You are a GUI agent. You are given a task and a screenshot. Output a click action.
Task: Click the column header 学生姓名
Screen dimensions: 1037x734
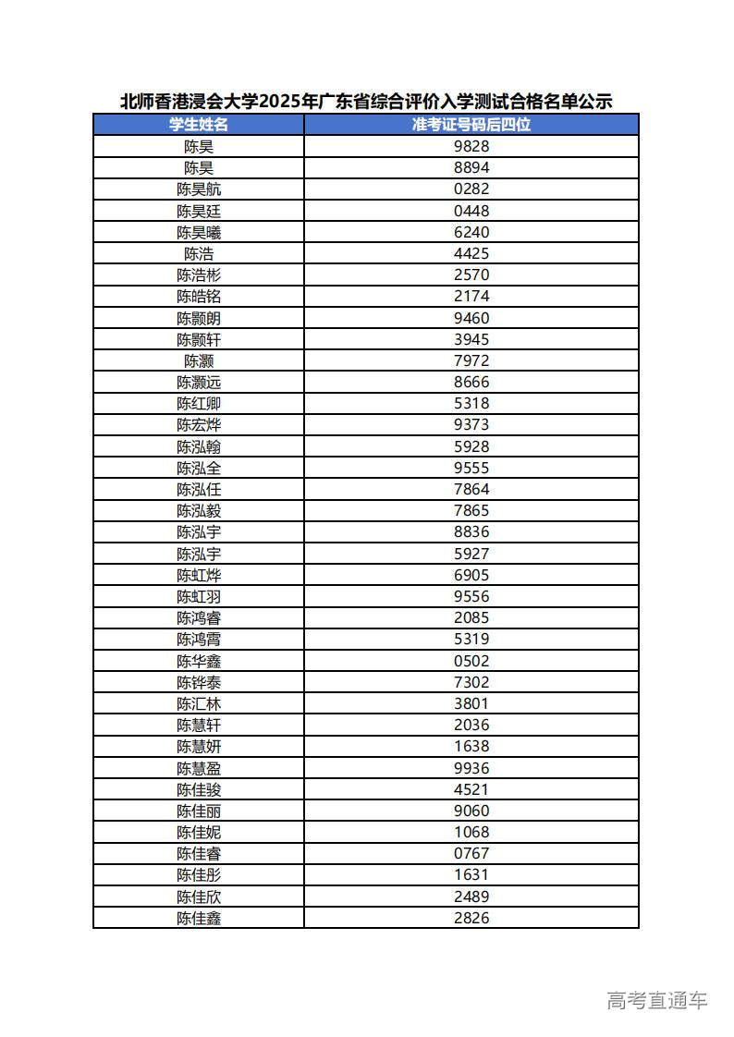(x=199, y=125)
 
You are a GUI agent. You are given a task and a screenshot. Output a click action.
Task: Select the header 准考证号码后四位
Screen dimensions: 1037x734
(x=471, y=125)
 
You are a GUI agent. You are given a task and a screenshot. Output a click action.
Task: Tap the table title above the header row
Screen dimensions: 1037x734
(x=366, y=102)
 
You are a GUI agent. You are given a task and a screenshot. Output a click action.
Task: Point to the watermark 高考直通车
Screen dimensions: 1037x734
(x=657, y=1000)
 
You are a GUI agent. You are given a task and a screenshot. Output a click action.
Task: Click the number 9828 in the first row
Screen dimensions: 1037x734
(x=471, y=146)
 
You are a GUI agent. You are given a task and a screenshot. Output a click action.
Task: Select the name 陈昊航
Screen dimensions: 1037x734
(x=199, y=189)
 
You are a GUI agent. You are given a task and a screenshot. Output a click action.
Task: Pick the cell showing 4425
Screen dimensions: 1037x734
(x=471, y=253)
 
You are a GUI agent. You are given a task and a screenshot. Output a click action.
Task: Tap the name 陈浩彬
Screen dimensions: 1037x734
(x=199, y=275)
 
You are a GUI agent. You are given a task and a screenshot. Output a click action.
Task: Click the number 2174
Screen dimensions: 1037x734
(x=471, y=297)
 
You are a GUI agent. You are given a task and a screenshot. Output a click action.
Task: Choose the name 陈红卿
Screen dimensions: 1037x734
(x=199, y=404)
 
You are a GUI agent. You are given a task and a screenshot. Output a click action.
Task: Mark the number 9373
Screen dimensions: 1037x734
(x=471, y=425)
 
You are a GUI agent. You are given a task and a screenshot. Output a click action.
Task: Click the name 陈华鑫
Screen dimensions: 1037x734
(x=199, y=661)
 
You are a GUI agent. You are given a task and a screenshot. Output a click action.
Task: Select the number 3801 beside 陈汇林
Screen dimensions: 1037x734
(x=471, y=703)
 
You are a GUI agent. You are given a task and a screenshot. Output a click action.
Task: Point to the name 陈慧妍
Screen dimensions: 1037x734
(x=199, y=747)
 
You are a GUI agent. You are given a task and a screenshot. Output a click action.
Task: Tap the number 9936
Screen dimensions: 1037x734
(x=471, y=768)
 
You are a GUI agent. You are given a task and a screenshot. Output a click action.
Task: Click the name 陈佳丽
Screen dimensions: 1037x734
(x=199, y=811)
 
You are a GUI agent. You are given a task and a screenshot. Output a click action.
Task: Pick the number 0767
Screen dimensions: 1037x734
(x=471, y=853)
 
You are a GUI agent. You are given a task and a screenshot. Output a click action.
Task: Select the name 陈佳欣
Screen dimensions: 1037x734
(x=199, y=897)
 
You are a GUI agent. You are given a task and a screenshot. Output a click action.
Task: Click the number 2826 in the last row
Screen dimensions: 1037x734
(x=471, y=918)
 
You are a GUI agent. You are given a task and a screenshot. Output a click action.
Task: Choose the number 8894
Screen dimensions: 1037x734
(x=471, y=167)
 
